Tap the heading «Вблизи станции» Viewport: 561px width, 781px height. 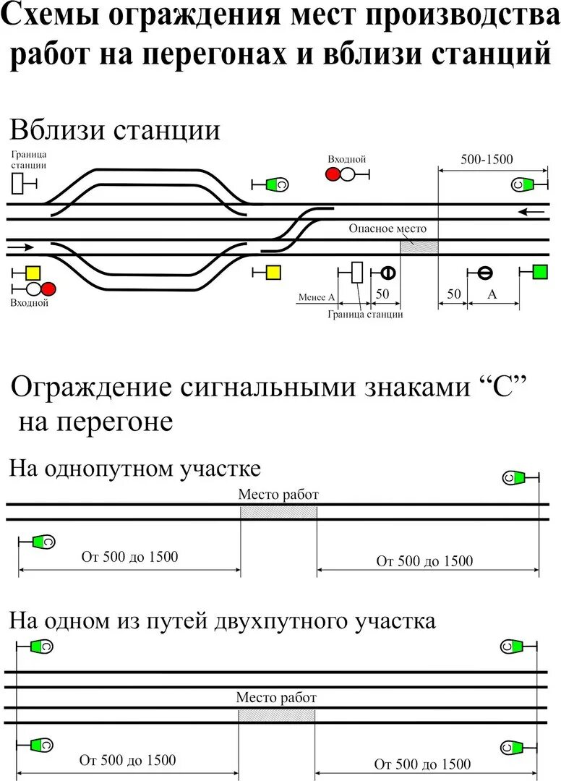point(114,131)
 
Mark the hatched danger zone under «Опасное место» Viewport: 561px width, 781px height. point(419,247)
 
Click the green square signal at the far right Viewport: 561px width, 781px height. point(540,272)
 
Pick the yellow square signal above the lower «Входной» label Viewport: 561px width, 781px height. point(33,273)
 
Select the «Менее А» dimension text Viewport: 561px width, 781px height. point(317,296)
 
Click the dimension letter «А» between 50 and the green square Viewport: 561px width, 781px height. point(493,294)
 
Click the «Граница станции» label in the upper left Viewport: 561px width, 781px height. point(29,159)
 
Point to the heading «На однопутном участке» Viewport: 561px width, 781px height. point(134,469)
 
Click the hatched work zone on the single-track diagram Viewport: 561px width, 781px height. point(278,512)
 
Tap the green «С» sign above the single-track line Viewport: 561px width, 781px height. point(514,477)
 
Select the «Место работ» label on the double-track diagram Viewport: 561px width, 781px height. point(276,698)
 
